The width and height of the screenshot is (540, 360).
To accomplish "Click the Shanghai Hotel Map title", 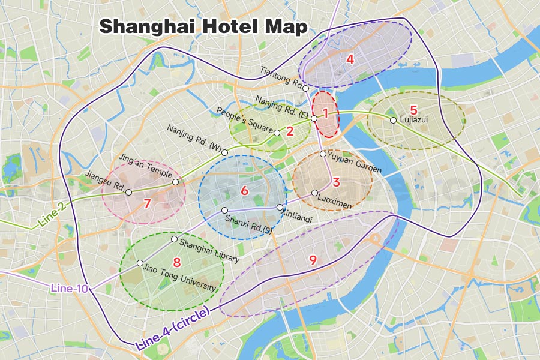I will pos(203,26).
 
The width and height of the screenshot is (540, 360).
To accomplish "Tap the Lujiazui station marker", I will pos(393,120).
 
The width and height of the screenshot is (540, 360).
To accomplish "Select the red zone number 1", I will pos(326,112).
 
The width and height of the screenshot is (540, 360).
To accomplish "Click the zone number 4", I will pos(350,59).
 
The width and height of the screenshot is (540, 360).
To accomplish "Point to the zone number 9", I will pos(313,259).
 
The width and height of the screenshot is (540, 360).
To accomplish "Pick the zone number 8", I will pos(176,262).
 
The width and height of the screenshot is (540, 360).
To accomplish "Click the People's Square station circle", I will pos(277,132).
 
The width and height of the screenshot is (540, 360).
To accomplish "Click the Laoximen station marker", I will pos(314,193).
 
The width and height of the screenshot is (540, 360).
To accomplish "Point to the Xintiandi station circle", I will pos(280,207).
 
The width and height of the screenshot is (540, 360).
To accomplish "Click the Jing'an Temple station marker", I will pos(175,182).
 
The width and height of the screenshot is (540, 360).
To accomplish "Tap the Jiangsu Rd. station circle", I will pos(128,192).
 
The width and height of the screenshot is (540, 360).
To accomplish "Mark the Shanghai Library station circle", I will pos(174,239).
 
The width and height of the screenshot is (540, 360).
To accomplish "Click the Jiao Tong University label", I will pos(179,279).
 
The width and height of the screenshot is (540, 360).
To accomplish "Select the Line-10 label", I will pos(70,289).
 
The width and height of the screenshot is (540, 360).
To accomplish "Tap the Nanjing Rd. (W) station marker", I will pos(224,152).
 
